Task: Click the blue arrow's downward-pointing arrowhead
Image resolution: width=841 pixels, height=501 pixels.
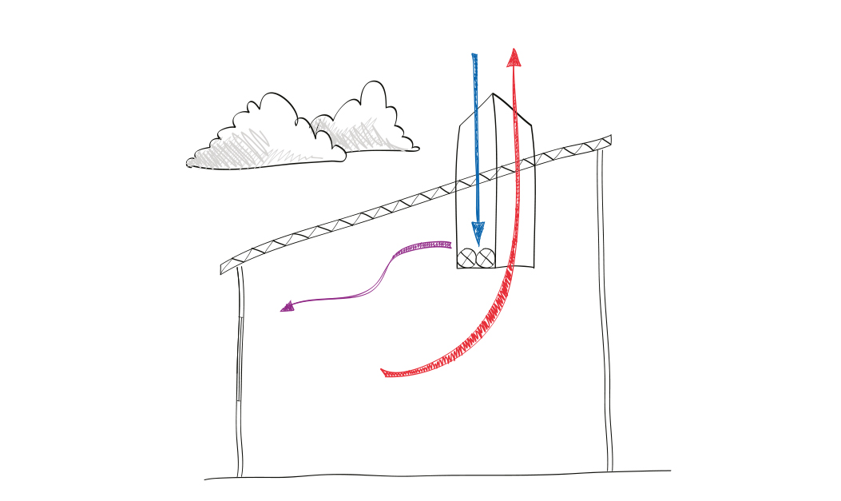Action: pos(478,233)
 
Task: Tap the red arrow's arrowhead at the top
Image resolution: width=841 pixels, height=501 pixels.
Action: pos(514,57)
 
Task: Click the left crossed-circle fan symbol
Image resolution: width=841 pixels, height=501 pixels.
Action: pos(467,257)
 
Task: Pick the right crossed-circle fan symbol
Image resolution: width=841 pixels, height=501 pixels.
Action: pos(486,257)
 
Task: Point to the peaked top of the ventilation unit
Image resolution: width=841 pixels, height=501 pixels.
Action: pos(494,96)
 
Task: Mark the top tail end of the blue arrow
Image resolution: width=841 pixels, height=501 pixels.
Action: pos(474,57)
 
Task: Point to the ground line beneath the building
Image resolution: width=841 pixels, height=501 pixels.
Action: pos(439,475)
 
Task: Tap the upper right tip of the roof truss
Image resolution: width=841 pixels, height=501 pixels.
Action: pos(610,140)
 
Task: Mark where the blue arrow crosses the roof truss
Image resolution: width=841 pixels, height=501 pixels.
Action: pos(476,179)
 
